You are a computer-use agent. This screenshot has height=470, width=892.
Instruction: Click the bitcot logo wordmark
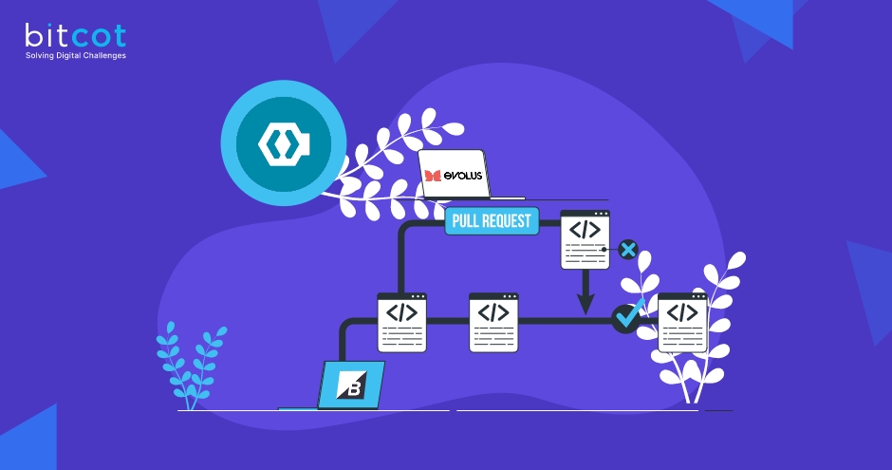pyautogui.click(x=75, y=36)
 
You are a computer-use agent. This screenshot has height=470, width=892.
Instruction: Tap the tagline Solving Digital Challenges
pyautogui.click(x=75, y=56)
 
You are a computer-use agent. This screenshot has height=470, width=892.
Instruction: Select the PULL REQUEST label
pyautogui.click(x=492, y=221)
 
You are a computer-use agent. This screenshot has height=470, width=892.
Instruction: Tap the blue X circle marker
pyautogui.click(x=627, y=250)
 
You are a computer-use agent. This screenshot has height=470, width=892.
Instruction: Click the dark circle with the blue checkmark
pyautogui.click(x=625, y=317)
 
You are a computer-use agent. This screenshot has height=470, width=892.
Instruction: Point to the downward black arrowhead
pyautogui.click(x=585, y=304)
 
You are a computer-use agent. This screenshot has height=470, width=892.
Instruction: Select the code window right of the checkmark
pyautogui.click(x=682, y=322)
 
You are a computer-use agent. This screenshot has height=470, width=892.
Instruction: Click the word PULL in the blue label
pyautogui.click(x=468, y=221)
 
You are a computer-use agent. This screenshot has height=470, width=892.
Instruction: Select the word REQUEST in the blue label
pyautogui.click(x=509, y=221)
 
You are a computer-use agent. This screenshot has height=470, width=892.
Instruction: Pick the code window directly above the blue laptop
pyautogui.click(x=402, y=322)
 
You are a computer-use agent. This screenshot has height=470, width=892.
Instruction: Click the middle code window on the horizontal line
pyautogui.click(x=493, y=322)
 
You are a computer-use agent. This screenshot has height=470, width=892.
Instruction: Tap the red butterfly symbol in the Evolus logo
pyautogui.click(x=433, y=176)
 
